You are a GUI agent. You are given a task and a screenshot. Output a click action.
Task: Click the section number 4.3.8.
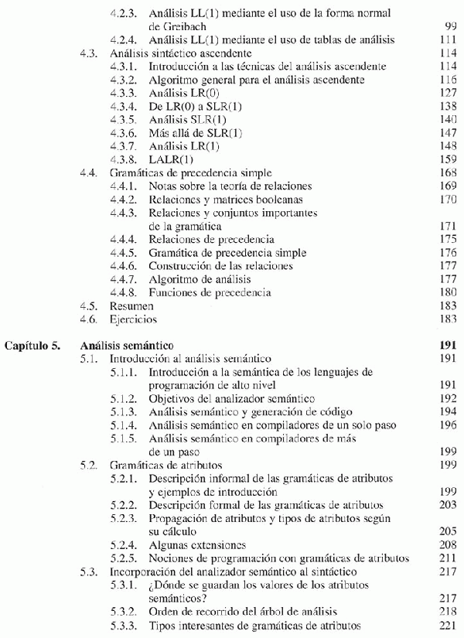[125, 159]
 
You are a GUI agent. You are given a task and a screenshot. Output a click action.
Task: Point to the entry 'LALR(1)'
[167, 159]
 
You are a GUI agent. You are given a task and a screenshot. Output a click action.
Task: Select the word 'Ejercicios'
[134, 319]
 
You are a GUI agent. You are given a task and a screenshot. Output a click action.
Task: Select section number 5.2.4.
[125, 545]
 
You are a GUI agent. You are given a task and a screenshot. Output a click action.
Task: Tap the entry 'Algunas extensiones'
[197, 545]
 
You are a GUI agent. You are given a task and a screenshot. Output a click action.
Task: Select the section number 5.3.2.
[125, 612]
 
